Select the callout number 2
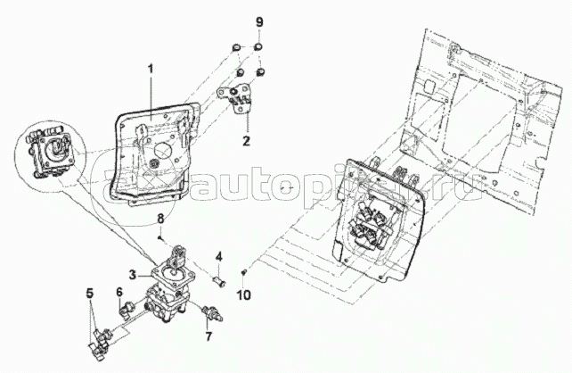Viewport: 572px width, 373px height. [x=247, y=139]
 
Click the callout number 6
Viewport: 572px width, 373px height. [x=118, y=291]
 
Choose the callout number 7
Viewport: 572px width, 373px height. [x=208, y=337]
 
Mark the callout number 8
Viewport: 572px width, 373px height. [x=160, y=219]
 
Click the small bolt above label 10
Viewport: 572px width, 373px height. [x=244, y=271]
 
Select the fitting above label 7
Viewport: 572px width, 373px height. [x=212, y=312]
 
